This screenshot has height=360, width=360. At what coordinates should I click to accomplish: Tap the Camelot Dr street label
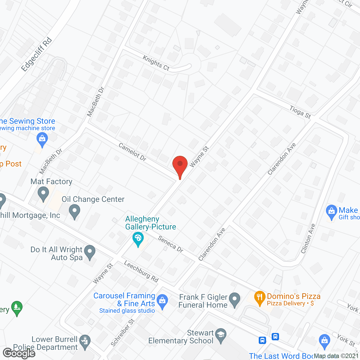pos(132,152)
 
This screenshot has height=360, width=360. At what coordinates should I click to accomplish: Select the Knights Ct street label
pos(156,63)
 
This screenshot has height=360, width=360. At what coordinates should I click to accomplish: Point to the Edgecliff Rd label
pos(37,54)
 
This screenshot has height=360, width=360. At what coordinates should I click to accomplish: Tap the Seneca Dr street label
pos(171,244)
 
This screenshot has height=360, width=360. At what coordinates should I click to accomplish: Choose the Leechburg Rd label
pos(141,271)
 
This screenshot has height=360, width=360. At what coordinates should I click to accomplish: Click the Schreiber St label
pos(123,333)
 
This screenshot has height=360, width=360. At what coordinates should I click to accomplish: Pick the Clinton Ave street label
pos(308,238)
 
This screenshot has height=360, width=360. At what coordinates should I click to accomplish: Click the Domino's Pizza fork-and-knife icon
pos(260,297)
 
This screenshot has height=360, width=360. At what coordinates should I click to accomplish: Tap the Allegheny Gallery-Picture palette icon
pos(138,240)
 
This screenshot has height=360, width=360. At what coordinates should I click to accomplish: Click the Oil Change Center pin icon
pos(75,211)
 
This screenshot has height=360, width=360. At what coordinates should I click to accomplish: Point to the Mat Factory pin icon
pos(43,194)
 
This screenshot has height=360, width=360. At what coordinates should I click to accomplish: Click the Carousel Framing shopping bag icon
pos(162,301)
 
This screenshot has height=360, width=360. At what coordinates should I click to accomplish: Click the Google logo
pos(19,353)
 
